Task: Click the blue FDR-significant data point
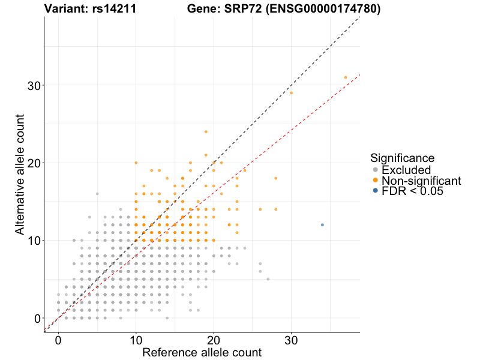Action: (x=322, y=225)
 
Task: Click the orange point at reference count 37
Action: (x=346, y=77)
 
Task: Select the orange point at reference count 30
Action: (x=291, y=93)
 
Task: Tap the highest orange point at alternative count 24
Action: (x=206, y=131)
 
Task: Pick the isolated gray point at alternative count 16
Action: (x=97, y=194)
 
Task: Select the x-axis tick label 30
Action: (x=291, y=340)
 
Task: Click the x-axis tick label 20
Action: (x=214, y=340)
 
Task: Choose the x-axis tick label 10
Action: (x=136, y=340)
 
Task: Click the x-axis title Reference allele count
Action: (x=202, y=352)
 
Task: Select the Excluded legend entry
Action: (x=406, y=170)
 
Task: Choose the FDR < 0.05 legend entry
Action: (x=412, y=191)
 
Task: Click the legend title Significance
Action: (x=402, y=158)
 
